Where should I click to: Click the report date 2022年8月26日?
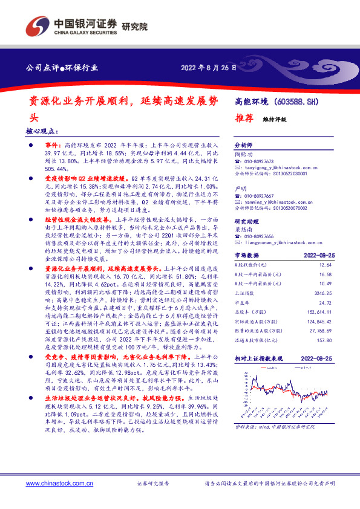[x=208, y=67]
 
